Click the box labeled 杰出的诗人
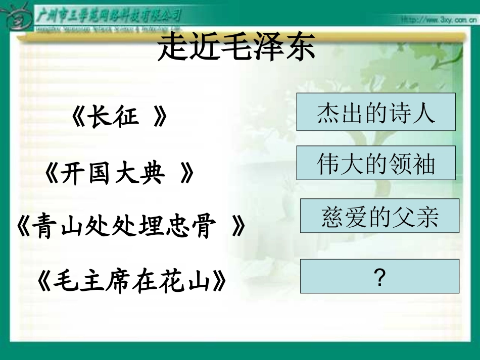click(x=375, y=112)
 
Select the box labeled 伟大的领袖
click(x=375, y=163)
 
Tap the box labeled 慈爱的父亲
click(x=379, y=216)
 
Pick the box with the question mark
click(x=379, y=276)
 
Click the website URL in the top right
click(x=438, y=20)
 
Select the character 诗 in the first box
click(x=399, y=112)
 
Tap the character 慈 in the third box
click(x=333, y=216)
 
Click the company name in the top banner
click(x=109, y=15)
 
